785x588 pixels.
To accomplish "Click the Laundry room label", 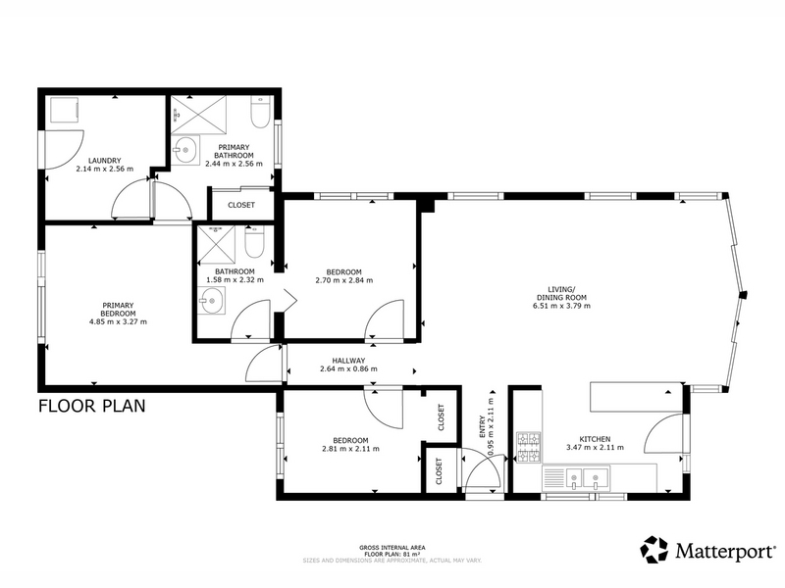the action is point(105,161).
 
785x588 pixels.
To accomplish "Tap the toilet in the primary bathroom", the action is point(260,112).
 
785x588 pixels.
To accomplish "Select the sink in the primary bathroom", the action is point(185,149).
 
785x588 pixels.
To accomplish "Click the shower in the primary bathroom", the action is point(199,115).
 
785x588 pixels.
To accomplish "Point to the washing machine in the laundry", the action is point(63,109).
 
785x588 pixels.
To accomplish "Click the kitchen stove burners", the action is point(529,447).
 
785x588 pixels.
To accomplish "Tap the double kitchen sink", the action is point(584,478).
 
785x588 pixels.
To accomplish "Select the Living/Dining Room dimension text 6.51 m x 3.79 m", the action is point(561,306).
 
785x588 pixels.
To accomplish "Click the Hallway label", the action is point(348,361).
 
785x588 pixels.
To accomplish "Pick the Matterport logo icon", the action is point(654,550).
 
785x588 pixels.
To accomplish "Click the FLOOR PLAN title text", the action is point(92,406).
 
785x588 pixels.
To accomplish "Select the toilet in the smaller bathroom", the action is point(254,241).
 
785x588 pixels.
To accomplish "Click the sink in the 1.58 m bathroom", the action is point(211,301).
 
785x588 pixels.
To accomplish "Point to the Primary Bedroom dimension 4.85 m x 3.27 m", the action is point(118,322).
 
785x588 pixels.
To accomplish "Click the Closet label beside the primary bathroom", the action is point(241,205).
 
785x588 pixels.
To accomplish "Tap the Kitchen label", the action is point(596,439).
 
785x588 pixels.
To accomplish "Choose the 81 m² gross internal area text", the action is point(392,555).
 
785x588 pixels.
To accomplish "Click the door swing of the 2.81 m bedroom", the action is point(384,408).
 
